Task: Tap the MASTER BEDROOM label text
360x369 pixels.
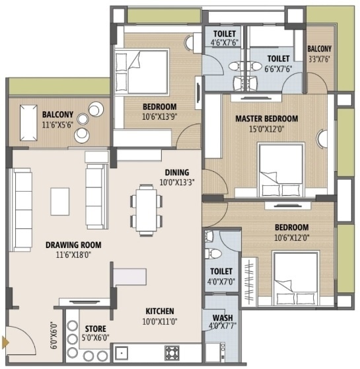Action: (x=266, y=119)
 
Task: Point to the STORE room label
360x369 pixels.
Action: (x=96, y=329)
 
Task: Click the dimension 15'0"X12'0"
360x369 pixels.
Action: (x=266, y=129)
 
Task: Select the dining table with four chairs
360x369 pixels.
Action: (x=144, y=208)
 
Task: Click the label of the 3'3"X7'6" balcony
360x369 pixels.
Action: (x=320, y=49)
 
